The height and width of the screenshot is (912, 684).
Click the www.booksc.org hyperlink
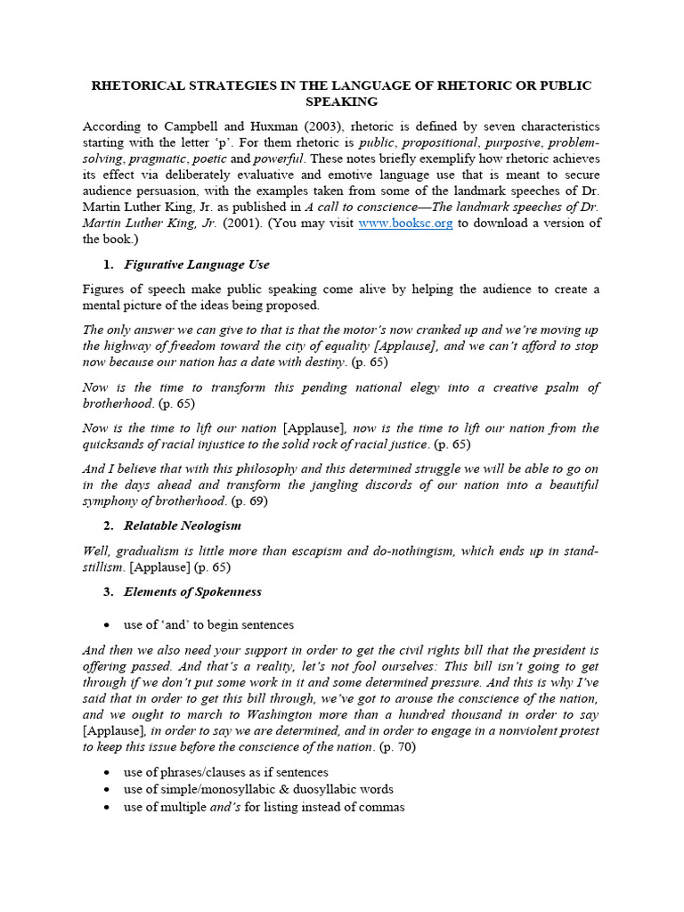pyautogui.click(x=405, y=223)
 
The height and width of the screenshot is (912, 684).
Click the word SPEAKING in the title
pyautogui.click(x=342, y=102)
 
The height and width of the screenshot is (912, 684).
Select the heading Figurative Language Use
pyautogui.click(x=197, y=265)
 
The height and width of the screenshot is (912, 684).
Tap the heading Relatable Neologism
pyautogui.click(x=183, y=525)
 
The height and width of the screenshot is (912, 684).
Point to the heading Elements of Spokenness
pyautogui.click(x=192, y=591)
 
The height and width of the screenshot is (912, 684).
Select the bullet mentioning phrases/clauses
pyautogui.click(x=225, y=771)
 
